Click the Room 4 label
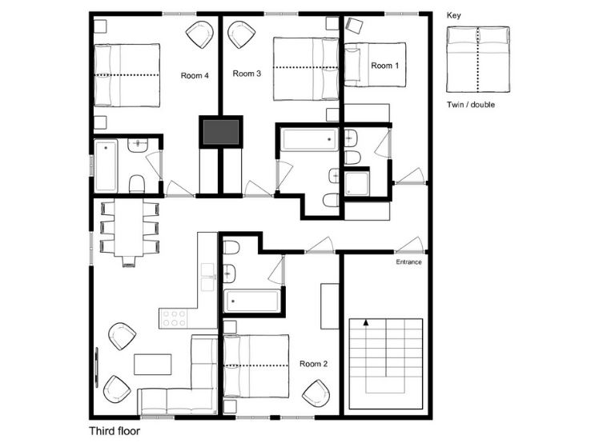195,75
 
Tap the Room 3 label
247,74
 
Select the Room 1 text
385,66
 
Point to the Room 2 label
314,364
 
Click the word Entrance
408,261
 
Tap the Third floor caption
115,431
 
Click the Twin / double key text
471,105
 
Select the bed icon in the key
478,59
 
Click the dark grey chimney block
221,131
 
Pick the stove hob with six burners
173,318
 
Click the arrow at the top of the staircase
365,322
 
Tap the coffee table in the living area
152,365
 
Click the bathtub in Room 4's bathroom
106,166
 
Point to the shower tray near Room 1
356,184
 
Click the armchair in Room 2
316,393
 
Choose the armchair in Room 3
242,34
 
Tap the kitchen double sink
208,277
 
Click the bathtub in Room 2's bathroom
252,301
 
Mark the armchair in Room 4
199,35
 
